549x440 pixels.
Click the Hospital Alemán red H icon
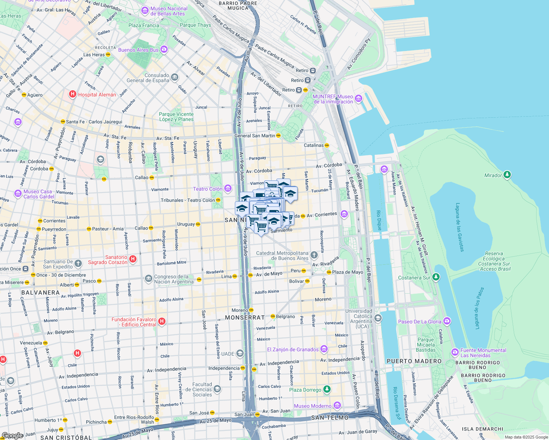[x=73, y=95]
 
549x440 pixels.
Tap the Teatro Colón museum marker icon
[x=228, y=189]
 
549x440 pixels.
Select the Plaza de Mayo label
[x=347, y=272]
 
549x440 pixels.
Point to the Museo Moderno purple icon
[x=337, y=406]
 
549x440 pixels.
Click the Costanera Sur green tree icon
[x=436, y=277]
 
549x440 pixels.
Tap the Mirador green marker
[x=507, y=175]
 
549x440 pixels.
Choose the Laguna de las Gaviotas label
[x=460, y=227]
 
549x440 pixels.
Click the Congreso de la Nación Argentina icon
[x=148, y=279]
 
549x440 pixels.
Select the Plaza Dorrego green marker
[x=327, y=389]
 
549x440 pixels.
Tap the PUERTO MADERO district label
[x=414, y=361]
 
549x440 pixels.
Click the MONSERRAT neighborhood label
[x=245, y=318]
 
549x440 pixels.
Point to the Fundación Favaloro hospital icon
[x=162, y=322]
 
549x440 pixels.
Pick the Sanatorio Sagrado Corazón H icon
[x=133, y=259]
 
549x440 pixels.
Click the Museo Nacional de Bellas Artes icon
[x=145, y=11]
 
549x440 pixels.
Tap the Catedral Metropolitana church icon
[x=314, y=255]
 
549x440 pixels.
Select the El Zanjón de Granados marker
[x=324, y=349]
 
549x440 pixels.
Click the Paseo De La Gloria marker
[x=447, y=321]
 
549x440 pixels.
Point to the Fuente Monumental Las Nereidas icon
[x=455, y=352]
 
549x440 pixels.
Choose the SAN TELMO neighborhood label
[x=330, y=418]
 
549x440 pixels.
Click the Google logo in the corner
[x=12, y=435]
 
